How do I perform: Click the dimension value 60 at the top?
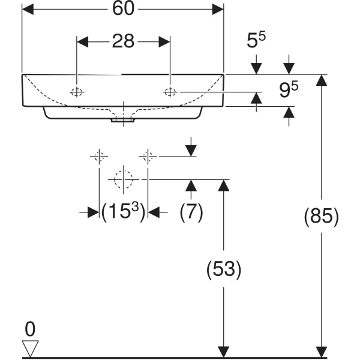[123, 10]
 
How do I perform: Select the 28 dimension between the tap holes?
[123, 41]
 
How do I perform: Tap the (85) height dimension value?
[322, 215]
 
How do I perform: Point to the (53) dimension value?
[223, 269]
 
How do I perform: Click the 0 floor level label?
[30, 329]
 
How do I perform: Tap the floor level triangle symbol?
[30, 349]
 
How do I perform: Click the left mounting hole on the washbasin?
[77, 92]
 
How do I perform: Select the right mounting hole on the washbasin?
[170, 92]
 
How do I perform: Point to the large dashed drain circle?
[123, 179]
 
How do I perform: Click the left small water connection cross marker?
[99, 157]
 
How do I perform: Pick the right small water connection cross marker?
[148, 157]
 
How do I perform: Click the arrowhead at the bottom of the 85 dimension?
[322, 352]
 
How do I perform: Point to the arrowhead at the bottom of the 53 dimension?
[223, 352]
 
